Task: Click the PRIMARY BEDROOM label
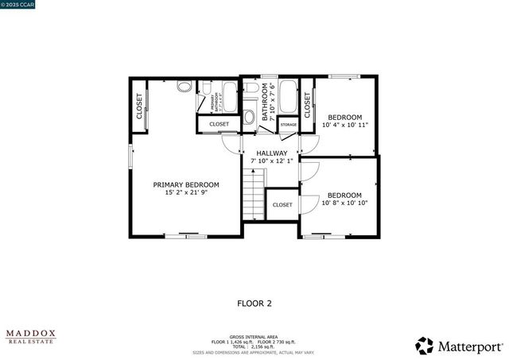(186, 184)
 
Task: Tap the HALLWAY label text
(271, 153)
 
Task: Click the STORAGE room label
(288, 125)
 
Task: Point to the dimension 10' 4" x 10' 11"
(344, 125)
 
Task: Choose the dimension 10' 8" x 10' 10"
(344, 203)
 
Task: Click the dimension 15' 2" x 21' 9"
(186, 193)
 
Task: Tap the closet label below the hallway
(282, 205)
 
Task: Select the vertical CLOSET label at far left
(139, 106)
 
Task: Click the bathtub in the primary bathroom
(229, 98)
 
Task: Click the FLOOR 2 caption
(254, 303)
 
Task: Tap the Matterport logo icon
(425, 346)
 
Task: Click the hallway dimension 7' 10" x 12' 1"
(271, 161)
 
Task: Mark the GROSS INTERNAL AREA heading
(254, 337)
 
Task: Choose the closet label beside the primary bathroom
(219, 125)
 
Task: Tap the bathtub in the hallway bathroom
(288, 97)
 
